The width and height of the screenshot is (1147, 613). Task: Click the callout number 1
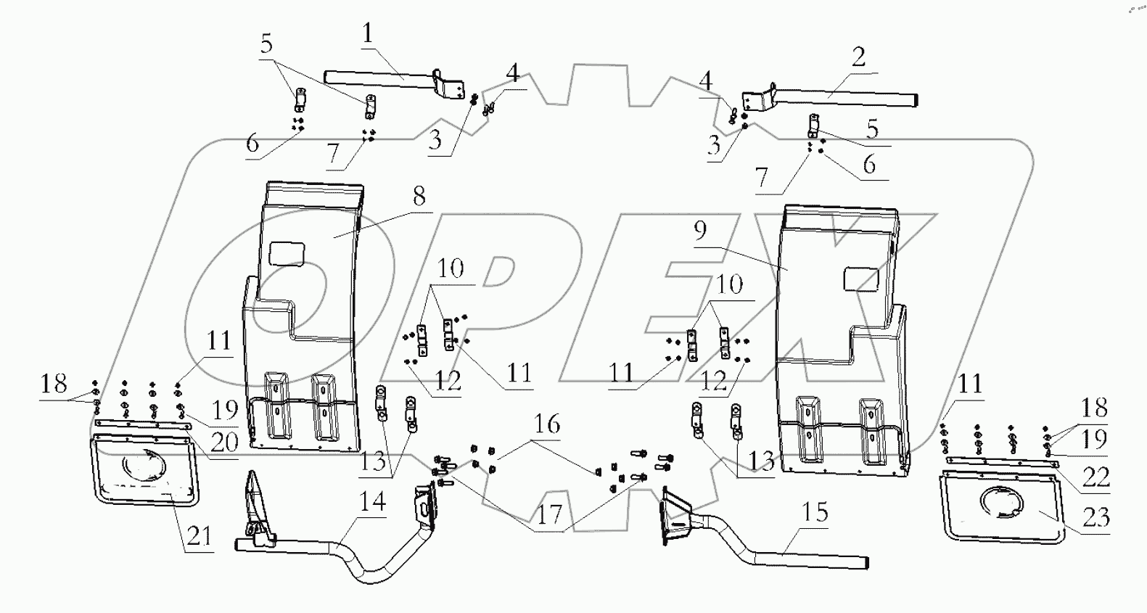(x=368, y=33)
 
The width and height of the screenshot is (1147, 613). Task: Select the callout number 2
(x=858, y=57)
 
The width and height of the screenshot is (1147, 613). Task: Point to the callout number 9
(x=699, y=231)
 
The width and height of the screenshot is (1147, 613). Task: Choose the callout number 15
(x=815, y=513)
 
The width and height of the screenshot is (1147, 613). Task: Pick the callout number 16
(x=548, y=424)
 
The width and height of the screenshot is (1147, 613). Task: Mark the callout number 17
(x=549, y=514)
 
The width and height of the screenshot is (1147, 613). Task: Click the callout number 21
(x=199, y=536)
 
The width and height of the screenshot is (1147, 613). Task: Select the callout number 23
(x=1096, y=517)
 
